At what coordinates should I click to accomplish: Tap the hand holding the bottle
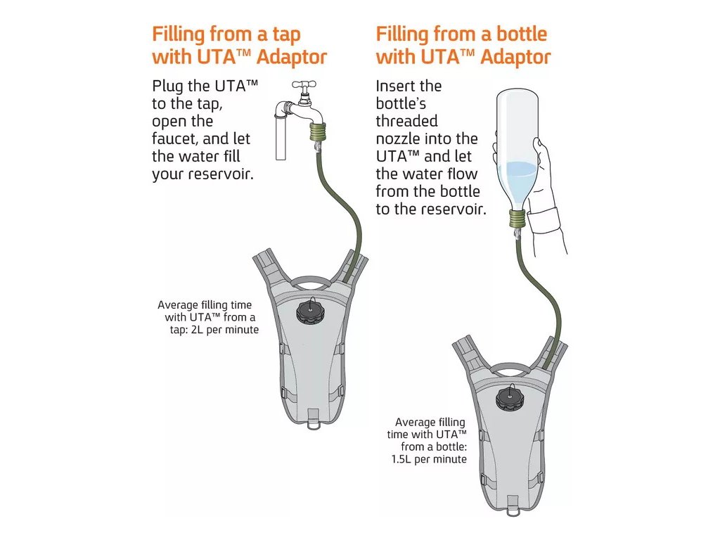point(545,211)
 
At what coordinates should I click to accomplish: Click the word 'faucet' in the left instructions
point(174,139)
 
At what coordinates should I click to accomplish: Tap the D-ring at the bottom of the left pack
point(314,423)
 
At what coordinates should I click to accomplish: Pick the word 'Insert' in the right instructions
point(397,86)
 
